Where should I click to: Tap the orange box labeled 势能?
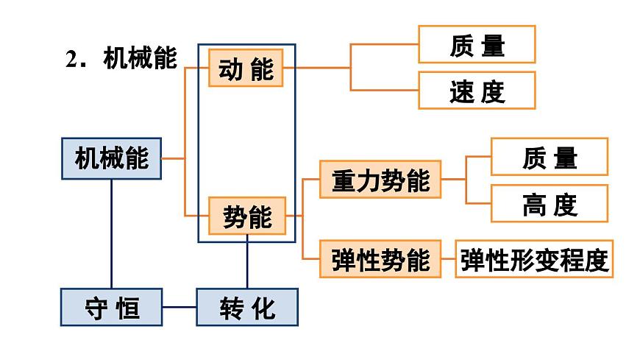246,216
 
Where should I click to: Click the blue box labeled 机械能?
111,158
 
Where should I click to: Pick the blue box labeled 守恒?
111,307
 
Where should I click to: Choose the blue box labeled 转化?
247,307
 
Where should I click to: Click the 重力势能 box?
380,180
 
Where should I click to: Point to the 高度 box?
550,204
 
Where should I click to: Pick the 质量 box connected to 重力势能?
550,157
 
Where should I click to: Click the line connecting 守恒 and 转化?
179,307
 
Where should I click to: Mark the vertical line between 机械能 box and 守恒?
111,233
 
